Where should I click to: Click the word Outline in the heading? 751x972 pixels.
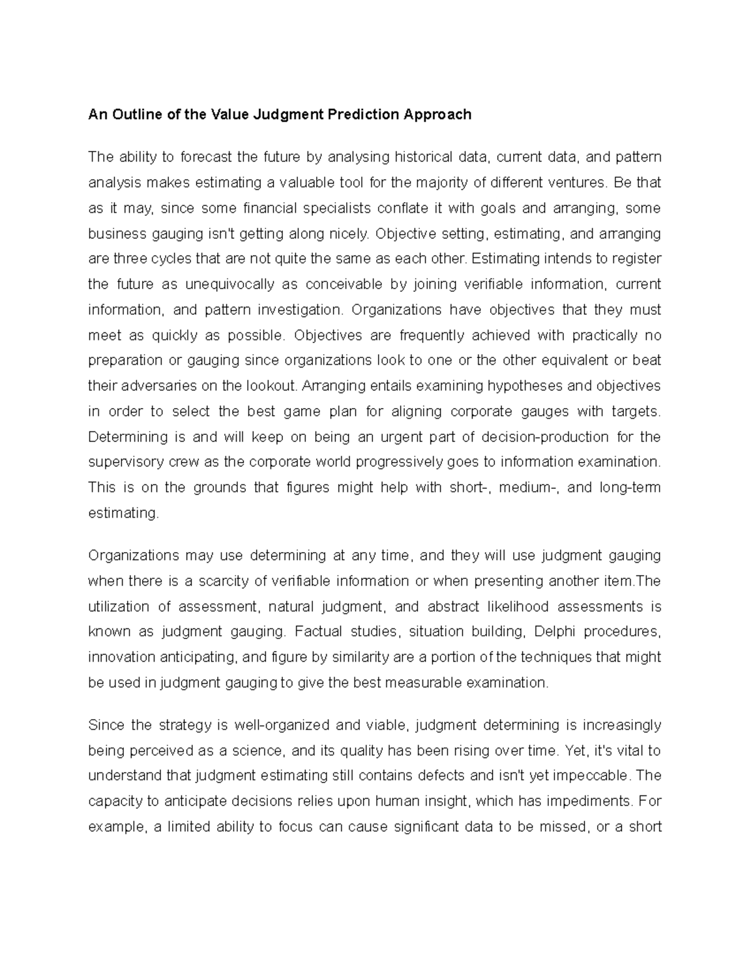[x=133, y=115]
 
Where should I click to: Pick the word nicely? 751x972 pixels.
[x=349, y=233]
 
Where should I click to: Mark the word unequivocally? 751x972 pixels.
[x=230, y=284]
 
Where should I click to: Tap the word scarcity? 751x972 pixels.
[x=225, y=581]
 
